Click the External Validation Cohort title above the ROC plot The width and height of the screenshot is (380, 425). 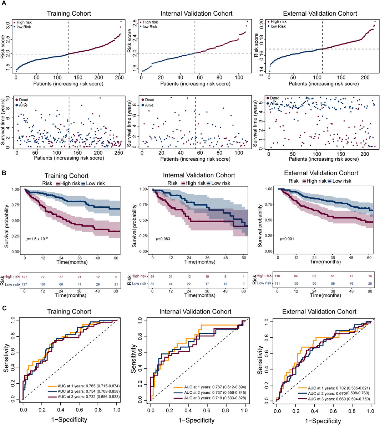coord(320,311)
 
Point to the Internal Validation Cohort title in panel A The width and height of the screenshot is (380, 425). coord(197,14)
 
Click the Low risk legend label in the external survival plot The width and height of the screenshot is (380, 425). coord(341,181)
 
